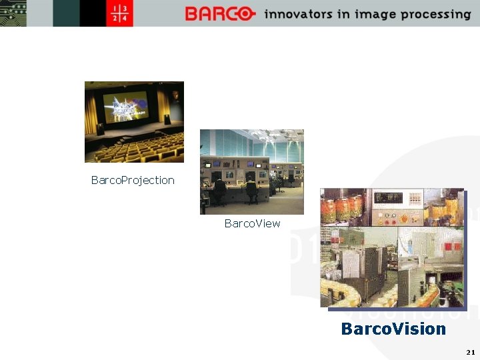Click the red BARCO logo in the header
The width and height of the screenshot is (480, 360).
coord(219,13)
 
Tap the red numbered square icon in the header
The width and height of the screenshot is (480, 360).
coord(120,13)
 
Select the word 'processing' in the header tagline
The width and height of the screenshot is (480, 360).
coord(434,15)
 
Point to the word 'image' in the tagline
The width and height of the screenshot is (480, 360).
coord(373,15)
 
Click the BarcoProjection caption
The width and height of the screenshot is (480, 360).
coord(133,180)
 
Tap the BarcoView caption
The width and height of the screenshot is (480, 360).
coord(252,223)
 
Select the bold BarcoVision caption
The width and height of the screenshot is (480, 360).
coord(393,329)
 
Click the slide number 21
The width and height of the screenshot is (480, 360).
coord(471,351)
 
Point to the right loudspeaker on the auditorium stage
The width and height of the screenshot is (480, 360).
coord(166,119)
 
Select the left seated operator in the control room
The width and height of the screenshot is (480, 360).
coord(219,191)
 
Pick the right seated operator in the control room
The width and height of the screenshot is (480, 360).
coord(251,191)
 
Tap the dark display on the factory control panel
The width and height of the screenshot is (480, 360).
coord(389,198)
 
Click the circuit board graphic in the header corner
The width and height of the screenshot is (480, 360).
coord(13,13)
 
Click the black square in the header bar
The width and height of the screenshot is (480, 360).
coord(93,13)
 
